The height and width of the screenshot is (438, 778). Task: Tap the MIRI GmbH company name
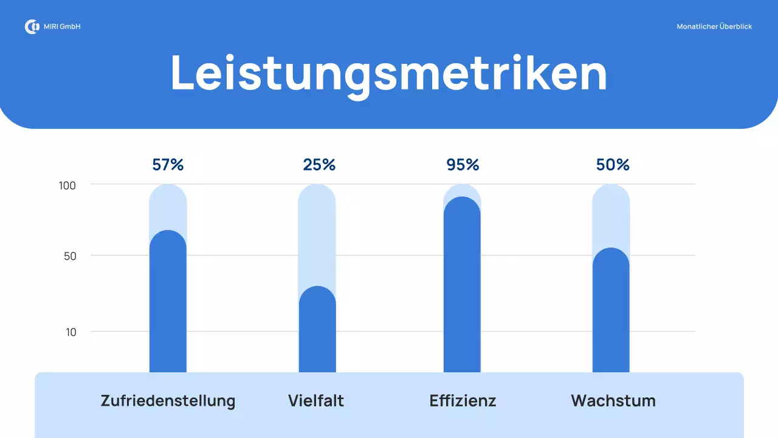tap(62, 27)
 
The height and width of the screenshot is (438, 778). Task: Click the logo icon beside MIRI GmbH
tap(32, 27)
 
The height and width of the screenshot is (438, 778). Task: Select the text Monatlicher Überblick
tap(714, 27)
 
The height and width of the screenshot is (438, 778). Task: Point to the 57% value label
tap(168, 165)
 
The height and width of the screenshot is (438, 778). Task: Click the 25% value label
tap(319, 165)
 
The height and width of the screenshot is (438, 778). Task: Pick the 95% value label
tap(463, 165)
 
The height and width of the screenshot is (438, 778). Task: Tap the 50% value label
tap(613, 165)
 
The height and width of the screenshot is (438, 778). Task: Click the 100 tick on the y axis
tap(67, 186)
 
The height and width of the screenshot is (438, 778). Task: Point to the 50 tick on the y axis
tap(70, 256)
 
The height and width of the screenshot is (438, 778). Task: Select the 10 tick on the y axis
tap(71, 332)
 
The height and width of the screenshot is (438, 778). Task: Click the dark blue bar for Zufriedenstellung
tap(168, 304)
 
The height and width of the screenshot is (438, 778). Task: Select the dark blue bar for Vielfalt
tap(317, 332)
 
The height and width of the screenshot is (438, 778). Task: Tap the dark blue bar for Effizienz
tap(462, 286)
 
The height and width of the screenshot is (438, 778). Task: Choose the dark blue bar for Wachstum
tap(611, 313)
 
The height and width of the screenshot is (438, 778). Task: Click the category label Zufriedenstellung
tap(168, 401)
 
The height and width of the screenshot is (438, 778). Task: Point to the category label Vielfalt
tap(316, 401)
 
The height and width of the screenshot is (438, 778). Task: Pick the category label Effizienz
tap(463, 401)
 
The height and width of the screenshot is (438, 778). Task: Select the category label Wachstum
tap(613, 401)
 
